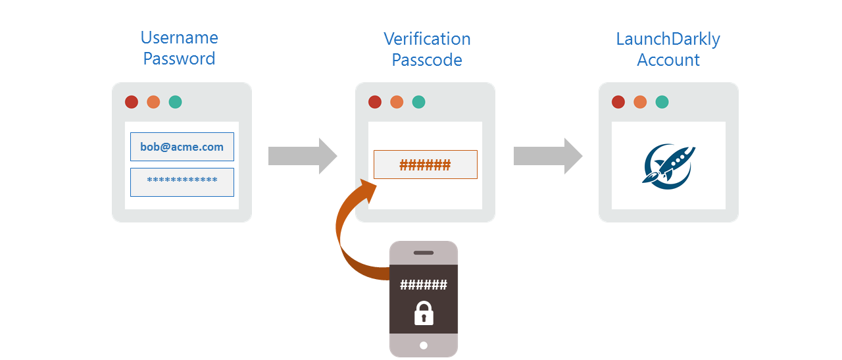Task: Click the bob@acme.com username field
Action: [x=182, y=147]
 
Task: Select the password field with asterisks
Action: [x=182, y=182]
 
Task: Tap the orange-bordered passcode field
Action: [x=425, y=165]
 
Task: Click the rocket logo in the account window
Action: [x=668, y=165]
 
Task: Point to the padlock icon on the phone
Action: [x=424, y=313]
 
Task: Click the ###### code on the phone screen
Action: [x=424, y=285]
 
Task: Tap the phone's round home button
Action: [x=424, y=346]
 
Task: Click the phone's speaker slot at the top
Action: [x=424, y=253]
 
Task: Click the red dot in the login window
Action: [x=132, y=102]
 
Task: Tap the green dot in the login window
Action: [x=175, y=102]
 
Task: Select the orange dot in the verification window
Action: [x=397, y=102]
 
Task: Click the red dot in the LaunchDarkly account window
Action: [x=618, y=102]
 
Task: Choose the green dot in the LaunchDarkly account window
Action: [x=662, y=102]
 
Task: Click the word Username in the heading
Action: [x=180, y=38]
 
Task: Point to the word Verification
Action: [x=427, y=39]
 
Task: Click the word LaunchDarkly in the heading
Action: [x=668, y=39]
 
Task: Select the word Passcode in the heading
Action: [x=427, y=60]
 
